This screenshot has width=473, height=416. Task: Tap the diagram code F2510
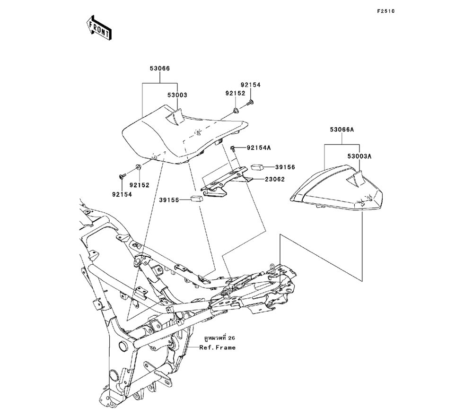[x=385, y=11]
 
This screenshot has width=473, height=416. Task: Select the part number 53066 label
[x=160, y=69]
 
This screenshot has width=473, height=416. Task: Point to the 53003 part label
[x=177, y=95]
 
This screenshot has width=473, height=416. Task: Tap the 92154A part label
[x=258, y=148]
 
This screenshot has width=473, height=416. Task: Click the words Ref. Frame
[x=217, y=347]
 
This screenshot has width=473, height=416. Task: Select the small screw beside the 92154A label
[x=233, y=148]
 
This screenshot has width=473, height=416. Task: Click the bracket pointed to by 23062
[x=222, y=182]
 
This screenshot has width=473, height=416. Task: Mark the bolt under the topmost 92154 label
[x=250, y=102]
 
